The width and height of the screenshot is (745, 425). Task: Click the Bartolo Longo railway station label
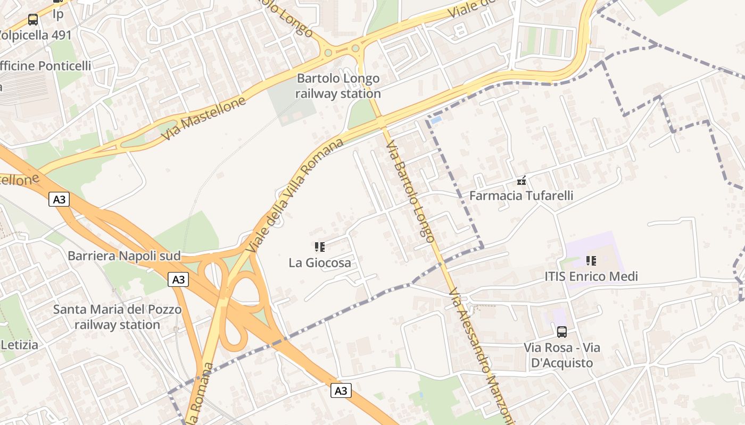(338, 86)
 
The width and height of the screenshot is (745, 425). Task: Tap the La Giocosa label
(320, 262)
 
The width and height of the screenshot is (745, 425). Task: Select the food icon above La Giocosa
(320, 246)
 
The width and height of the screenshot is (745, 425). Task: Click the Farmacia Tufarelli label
(521, 195)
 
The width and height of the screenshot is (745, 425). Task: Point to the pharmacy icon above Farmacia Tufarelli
(521, 181)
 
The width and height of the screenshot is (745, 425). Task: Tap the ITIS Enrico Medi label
(591, 276)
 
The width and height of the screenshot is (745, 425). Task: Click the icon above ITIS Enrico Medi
(591, 260)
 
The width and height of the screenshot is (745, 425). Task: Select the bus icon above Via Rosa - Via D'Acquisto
(561, 332)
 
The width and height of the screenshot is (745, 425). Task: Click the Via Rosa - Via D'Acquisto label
(561, 355)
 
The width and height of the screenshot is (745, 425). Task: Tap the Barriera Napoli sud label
(124, 256)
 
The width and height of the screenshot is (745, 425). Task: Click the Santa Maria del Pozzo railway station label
(117, 317)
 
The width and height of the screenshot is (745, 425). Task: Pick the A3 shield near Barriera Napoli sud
(178, 279)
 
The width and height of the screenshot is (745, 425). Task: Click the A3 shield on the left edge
(59, 200)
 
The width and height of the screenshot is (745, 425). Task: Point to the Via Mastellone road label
(204, 118)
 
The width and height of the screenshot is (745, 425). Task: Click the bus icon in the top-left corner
(33, 20)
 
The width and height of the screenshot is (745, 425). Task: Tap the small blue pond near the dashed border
(436, 121)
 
